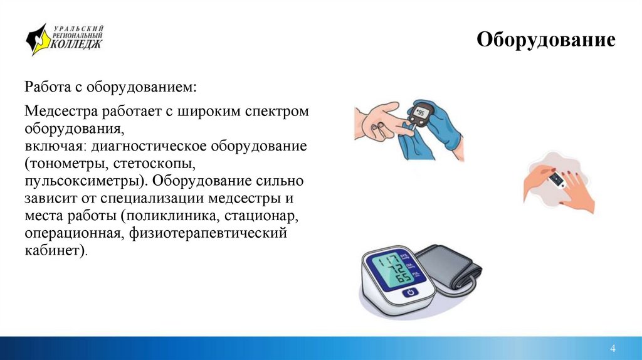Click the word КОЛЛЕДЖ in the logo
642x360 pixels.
[x=76, y=44]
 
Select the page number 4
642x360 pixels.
[x=613, y=348]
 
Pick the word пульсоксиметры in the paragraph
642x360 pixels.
[x=80, y=182]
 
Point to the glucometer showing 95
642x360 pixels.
[x=420, y=117]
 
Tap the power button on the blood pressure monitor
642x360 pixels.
[x=411, y=292]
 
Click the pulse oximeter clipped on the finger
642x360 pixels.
[x=557, y=181]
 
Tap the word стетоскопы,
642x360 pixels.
[x=164, y=164]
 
